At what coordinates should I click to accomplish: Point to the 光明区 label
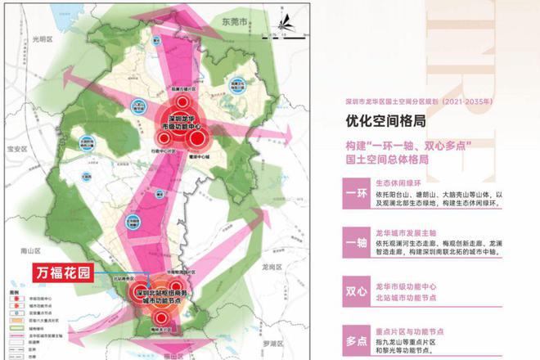tap(40, 39)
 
